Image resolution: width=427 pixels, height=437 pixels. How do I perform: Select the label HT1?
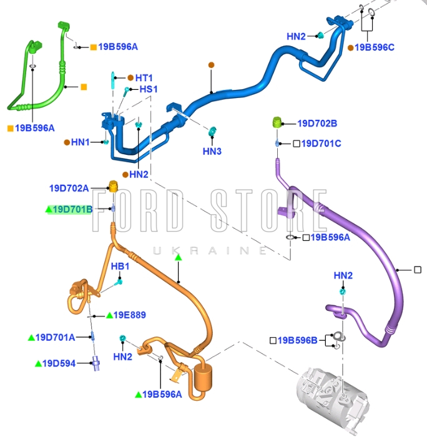pos(145,78)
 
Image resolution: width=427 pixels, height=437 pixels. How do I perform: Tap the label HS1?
pos(149,90)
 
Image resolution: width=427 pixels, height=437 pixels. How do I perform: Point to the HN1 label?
pos(81,142)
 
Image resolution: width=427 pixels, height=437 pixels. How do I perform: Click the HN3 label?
pos(212,151)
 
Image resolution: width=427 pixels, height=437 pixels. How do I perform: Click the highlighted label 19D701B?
pos(72,210)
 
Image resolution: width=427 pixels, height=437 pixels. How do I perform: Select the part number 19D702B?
pos(317,124)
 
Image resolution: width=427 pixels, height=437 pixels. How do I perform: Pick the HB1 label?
pos(120,267)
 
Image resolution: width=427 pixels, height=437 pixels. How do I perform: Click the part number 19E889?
pos(129,315)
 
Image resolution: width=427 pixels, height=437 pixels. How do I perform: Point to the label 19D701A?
pos(56,338)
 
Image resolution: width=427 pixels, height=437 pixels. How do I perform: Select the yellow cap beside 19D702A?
pos(114,186)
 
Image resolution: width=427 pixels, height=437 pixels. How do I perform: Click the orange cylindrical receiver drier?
pos(204,377)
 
